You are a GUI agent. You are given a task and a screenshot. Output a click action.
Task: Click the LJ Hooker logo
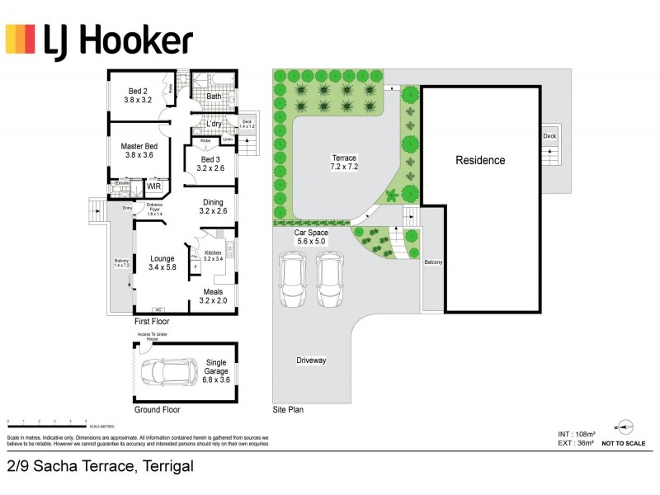pyautogui.click(x=100, y=40)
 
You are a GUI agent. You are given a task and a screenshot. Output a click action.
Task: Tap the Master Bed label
pyautogui.click(x=139, y=149)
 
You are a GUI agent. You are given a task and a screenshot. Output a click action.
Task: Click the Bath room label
pyautogui.click(x=214, y=97)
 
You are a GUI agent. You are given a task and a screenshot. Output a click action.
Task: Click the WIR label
pyautogui.click(x=153, y=187)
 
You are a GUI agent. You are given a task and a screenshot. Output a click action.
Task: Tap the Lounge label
pyautogui.click(x=163, y=262)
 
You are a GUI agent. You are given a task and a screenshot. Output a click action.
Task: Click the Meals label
pyautogui.click(x=213, y=295)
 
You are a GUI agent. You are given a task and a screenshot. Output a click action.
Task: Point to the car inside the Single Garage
pyautogui.click(x=163, y=373)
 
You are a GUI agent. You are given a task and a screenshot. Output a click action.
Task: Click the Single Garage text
pyautogui.click(x=215, y=367)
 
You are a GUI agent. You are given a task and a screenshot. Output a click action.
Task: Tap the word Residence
pyautogui.click(x=480, y=160)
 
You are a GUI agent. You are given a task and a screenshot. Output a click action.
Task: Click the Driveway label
pyautogui.click(x=312, y=361)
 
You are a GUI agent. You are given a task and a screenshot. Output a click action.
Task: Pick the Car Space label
pyautogui.click(x=312, y=238)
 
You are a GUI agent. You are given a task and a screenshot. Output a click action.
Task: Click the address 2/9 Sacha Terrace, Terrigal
pyautogui.click(x=100, y=467)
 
